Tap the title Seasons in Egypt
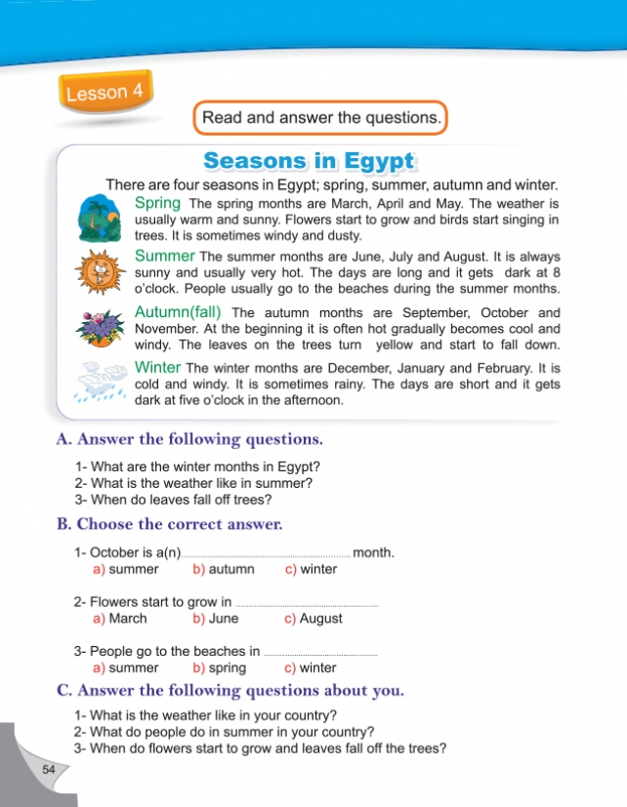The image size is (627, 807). click(x=309, y=160)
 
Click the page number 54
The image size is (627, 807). click(x=50, y=770)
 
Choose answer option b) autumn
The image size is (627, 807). click(x=224, y=569)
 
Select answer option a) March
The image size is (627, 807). click(x=120, y=618)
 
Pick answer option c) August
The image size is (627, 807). click(x=313, y=618)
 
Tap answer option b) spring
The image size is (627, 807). click(x=220, y=668)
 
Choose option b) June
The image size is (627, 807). click(x=216, y=618)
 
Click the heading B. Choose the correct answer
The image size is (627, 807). click(x=170, y=524)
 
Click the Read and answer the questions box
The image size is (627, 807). click(x=321, y=118)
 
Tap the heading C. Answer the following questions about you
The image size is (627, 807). click(x=230, y=691)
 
